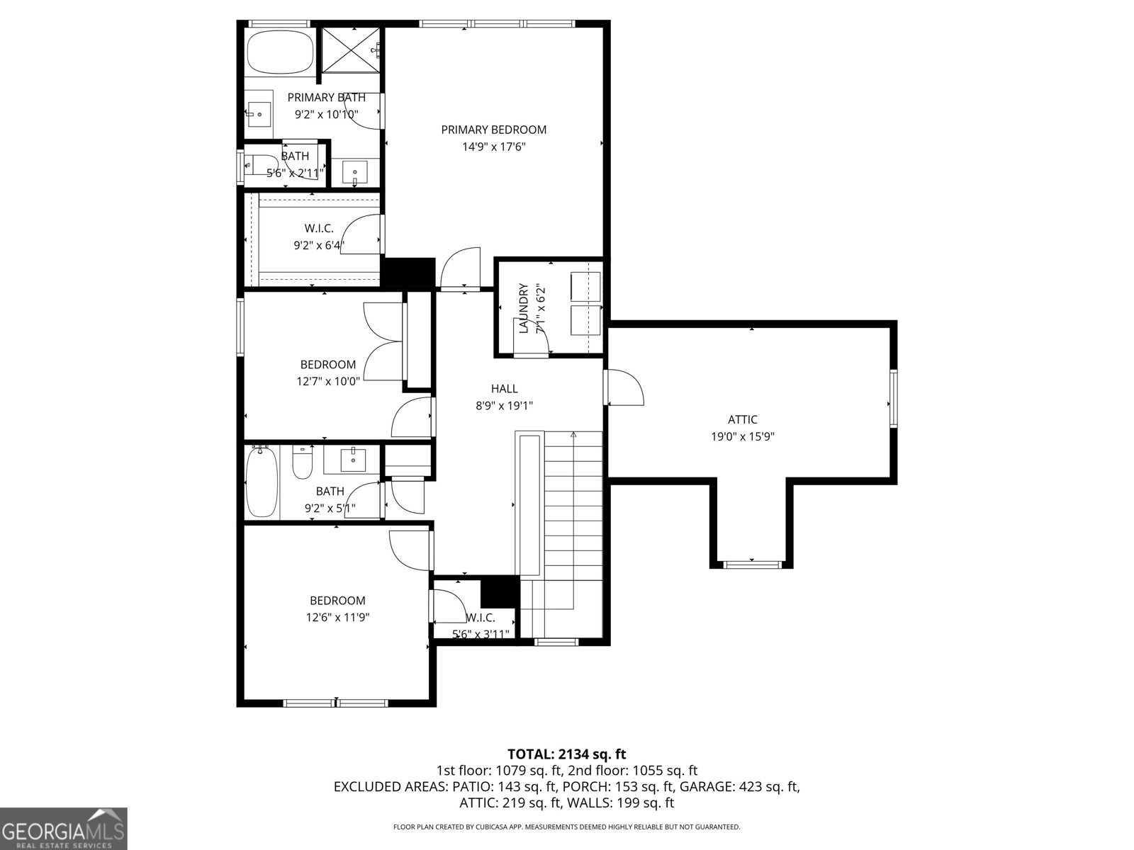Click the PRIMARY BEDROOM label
pyautogui.click(x=493, y=130)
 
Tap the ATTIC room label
pyautogui.click(x=742, y=419)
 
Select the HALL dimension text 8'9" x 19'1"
pyautogui.click(x=504, y=406)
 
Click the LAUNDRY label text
pyautogui.click(x=524, y=309)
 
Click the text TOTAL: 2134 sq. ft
pyautogui.click(x=566, y=754)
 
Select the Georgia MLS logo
pyautogui.click(x=63, y=828)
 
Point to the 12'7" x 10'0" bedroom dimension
pyautogui.click(x=327, y=381)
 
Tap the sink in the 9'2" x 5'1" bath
pyautogui.click(x=353, y=460)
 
